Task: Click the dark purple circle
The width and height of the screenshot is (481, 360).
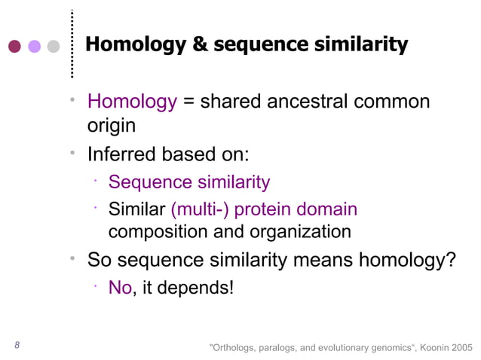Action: click(15, 46)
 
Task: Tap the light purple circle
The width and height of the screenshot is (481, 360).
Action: click(34, 46)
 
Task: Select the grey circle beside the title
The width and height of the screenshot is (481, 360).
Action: click(53, 46)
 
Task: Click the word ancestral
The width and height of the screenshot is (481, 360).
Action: click(334, 101)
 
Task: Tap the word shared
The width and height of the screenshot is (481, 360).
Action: click(237, 101)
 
